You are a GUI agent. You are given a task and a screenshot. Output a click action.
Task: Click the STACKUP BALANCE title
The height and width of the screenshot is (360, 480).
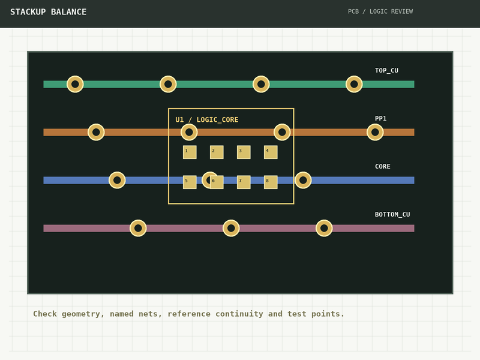pos(49,12)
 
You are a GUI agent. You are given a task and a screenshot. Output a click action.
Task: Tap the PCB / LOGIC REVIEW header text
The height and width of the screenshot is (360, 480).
pos(380,11)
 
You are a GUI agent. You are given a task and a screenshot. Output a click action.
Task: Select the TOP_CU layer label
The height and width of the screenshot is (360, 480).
pos(386,70)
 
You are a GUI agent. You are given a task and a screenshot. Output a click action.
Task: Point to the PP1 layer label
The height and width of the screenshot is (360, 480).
pos(380,118)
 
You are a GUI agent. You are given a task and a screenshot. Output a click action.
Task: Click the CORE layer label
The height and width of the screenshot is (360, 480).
pos(383,167)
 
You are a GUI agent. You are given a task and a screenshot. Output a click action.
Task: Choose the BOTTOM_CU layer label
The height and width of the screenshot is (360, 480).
pos(392,215)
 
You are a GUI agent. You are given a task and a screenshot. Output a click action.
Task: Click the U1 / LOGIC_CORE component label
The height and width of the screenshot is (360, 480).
pos(206,119)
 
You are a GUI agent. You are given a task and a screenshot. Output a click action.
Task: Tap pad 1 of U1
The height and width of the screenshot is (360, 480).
pos(190,152)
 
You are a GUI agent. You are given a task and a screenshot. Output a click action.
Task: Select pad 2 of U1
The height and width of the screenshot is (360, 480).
pos(217,152)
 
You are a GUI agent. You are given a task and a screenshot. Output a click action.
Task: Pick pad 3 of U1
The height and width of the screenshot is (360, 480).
pos(244,152)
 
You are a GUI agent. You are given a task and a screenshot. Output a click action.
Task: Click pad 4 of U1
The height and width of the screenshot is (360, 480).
pos(271,152)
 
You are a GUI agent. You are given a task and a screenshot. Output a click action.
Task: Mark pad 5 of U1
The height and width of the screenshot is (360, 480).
pos(190,182)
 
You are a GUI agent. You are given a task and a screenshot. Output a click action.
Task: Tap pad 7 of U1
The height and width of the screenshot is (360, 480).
pos(244,182)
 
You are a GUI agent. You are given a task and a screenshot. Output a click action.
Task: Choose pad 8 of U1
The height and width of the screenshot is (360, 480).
pos(271,182)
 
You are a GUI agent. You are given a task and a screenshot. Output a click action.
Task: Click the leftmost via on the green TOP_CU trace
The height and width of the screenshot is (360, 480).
pos(75,84)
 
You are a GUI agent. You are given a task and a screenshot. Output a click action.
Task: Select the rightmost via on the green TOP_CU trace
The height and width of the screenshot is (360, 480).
pos(354,84)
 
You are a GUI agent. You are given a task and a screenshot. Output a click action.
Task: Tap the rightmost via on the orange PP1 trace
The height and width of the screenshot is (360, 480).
pos(375,132)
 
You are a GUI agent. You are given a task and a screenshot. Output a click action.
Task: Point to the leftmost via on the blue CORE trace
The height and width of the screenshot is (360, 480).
pos(117,181)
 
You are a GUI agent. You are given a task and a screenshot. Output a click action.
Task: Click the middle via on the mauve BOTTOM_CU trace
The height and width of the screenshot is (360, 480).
pos(231,228)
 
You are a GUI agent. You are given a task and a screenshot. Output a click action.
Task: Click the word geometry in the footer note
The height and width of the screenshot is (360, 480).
pos(80,314)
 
